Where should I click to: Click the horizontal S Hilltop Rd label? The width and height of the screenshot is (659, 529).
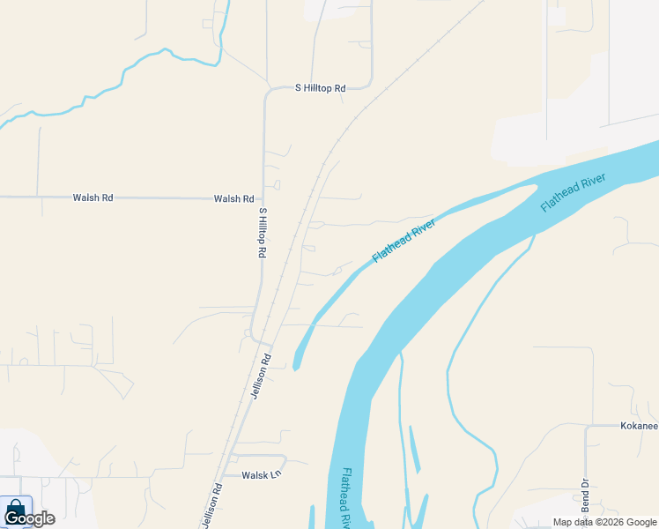click(x=321, y=88)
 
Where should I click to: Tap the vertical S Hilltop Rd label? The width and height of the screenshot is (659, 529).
click(x=262, y=232)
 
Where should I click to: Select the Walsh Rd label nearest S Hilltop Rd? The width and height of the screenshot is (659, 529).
click(x=233, y=199)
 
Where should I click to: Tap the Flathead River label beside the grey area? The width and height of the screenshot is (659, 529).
click(x=573, y=192)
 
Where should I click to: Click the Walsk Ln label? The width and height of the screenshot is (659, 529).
click(x=262, y=474)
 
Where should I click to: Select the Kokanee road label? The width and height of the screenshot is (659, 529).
click(x=637, y=427)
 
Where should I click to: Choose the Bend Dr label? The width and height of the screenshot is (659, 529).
click(x=584, y=495)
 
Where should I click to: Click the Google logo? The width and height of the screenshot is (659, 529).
click(x=29, y=518)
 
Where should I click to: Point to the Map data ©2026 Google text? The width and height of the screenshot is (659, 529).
click(x=604, y=522)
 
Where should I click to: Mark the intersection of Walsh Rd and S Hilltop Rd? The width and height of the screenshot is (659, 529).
click(x=263, y=197)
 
